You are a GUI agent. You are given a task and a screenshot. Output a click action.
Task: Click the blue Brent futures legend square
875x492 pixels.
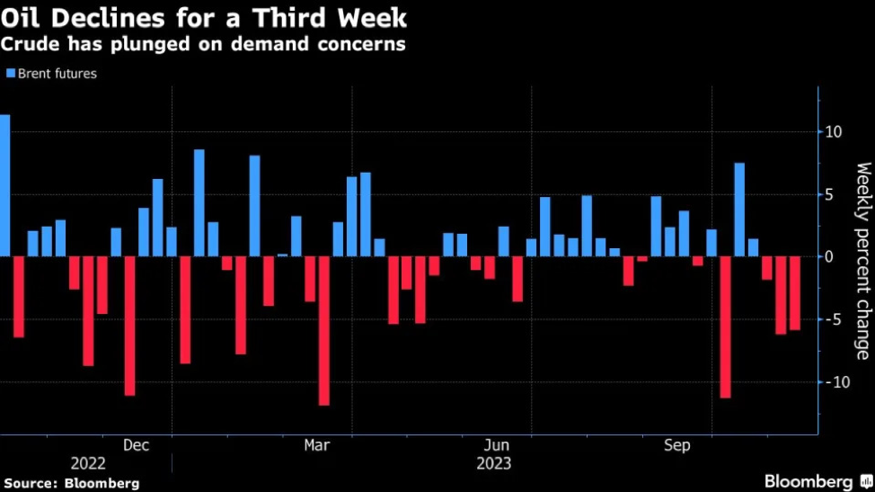click(x=11, y=74)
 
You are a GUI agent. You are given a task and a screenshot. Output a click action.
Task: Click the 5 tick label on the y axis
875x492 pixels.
click(x=831, y=194)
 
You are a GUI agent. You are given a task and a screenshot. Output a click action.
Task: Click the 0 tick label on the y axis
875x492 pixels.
click(x=831, y=257)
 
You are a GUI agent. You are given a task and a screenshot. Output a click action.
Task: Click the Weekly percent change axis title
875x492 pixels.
click(x=862, y=261)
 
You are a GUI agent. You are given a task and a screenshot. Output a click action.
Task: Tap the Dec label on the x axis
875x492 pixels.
click(x=136, y=445)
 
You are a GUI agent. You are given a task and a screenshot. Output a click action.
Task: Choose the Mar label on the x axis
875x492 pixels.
click(x=317, y=445)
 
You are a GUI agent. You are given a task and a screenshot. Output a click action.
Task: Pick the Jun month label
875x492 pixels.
click(x=497, y=445)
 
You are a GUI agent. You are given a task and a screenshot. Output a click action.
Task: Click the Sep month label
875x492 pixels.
click(x=676, y=445)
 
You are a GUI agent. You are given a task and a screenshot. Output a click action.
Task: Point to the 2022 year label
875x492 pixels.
click(x=88, y=464)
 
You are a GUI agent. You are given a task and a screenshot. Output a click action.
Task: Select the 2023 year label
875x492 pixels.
click(x=493, y=464)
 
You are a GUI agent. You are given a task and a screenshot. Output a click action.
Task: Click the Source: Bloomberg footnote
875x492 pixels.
click(x=70, y=484)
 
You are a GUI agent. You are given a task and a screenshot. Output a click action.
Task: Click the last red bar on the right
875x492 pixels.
click(x=795, y=293)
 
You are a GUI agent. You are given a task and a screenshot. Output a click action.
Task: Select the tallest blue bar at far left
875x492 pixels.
click(x=4, y=185)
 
